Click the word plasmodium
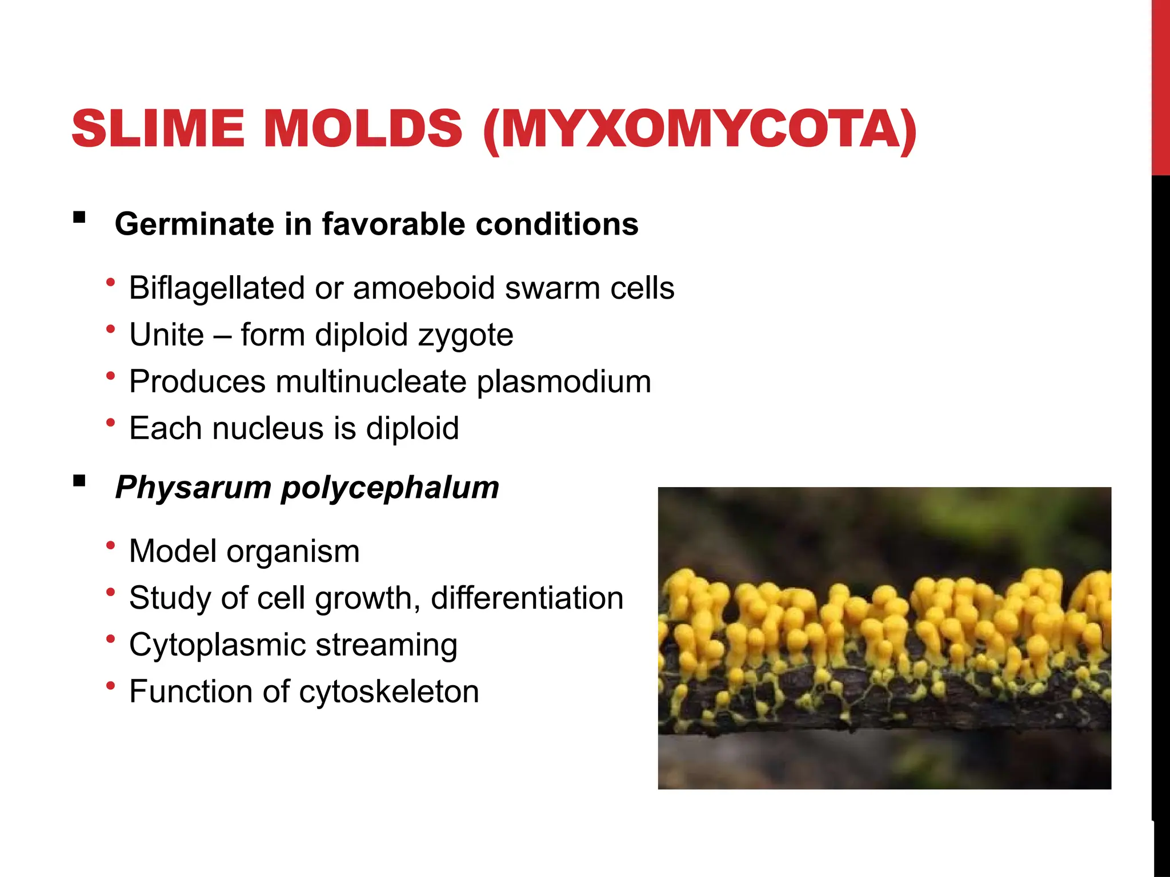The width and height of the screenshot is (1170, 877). (564, 383)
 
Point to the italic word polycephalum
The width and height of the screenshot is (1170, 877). (390, 488)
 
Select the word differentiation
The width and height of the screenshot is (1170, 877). (527, 598)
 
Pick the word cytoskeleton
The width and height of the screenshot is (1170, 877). (389, 692)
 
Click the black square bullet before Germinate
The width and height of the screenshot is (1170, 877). (79, 218)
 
